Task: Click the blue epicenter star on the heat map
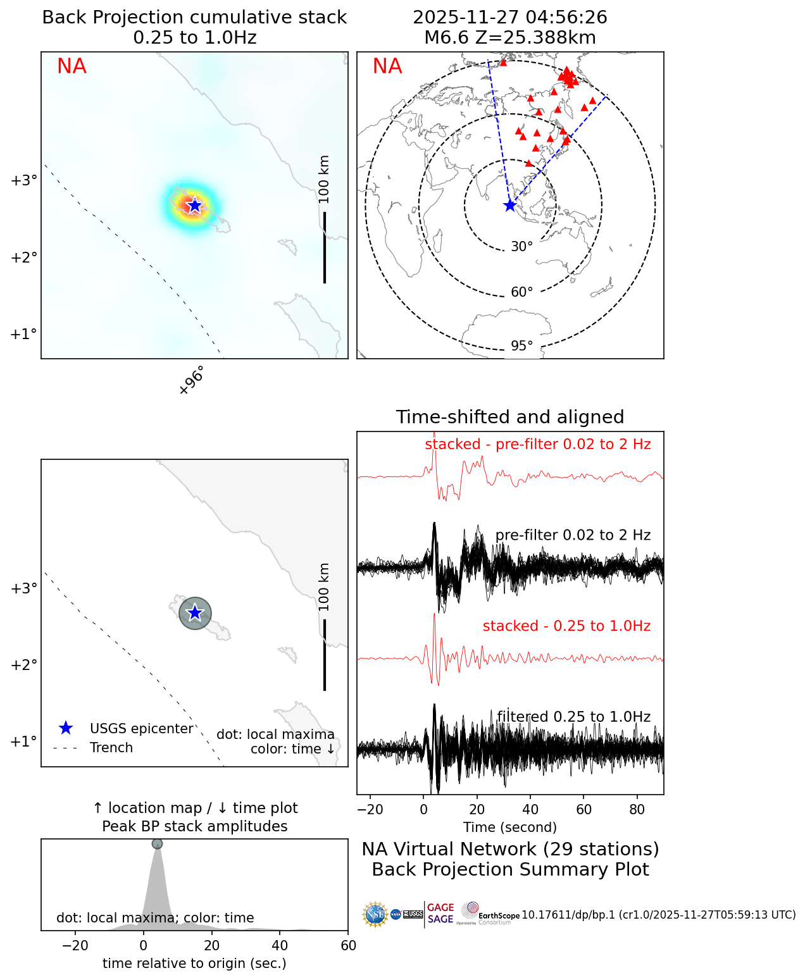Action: click(195, 206)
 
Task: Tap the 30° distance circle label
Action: click(522, 247)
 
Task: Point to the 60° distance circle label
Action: click(522, 292)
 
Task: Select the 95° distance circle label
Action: click(522, 346)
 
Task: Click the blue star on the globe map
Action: click(510, 206)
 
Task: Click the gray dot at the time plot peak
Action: click(157, 844)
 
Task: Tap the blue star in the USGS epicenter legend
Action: click(65, 729)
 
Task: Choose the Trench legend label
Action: click(111, 748)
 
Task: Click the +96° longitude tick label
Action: click(192, 381)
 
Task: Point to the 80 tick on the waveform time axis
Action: click(637, 809)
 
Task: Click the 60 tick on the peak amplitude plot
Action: click(348, 946)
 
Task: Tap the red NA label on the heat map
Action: click(72, 66)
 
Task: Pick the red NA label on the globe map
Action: click(387, 66)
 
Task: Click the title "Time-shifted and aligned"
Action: click(510, 418)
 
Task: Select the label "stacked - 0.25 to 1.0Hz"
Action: click(566, 626)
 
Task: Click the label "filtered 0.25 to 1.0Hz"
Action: click(573, 717)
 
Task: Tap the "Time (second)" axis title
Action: click(510, 828)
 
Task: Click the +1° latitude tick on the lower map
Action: click(23, 741)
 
